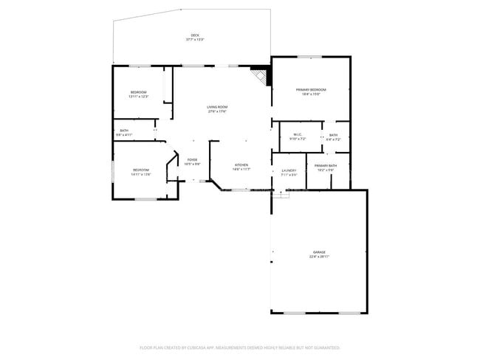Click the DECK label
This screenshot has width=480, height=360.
[x=195, y=35]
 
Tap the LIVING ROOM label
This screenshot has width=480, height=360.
[x=217, y=108]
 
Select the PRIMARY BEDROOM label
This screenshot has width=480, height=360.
[x=311, y=90]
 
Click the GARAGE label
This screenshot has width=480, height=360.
[x=320, y=252]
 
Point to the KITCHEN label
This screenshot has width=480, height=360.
[x=241, y=165]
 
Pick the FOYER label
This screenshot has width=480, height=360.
[x=192, y=159]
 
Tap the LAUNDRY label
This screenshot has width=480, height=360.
[x=289, y=171]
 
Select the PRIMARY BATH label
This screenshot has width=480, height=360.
[x=326, y=166]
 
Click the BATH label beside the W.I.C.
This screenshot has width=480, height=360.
[x=334, y=135]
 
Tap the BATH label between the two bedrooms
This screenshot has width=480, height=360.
[x=124, y=131]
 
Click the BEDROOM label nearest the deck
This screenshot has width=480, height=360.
[x=139, y=92]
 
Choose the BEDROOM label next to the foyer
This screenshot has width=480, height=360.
[x=141, y=170]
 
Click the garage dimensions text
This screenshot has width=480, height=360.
[x=320, y=257]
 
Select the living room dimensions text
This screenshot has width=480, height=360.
[x=217, y=112]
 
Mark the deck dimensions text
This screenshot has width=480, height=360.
[x=195, y=40]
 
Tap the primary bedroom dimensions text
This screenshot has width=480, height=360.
[x=311, y=94]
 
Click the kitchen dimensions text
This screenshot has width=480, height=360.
[x=241, y=169]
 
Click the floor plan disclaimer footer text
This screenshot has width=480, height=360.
[x=239, y=347]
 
